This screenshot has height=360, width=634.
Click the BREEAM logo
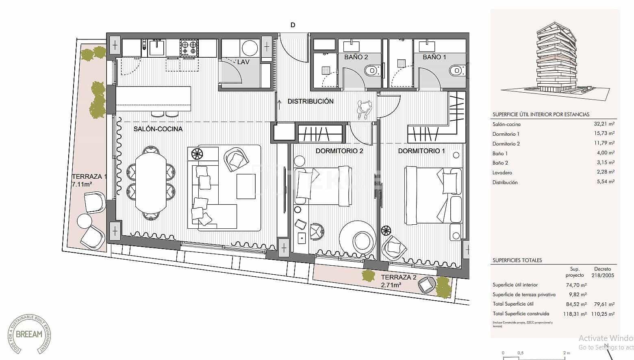click(29, 334)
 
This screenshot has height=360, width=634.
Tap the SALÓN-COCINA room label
click(158, 129)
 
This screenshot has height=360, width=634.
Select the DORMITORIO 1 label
click(421, 151)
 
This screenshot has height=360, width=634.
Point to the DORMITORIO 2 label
click(339, 151)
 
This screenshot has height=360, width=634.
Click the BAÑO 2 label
click(356, 57)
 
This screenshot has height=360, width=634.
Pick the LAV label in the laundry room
click(243, 62)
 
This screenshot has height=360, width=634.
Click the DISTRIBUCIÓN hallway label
click(310, 101)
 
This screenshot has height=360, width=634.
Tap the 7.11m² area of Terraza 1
click(82, 184)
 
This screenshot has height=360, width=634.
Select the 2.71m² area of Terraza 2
click(391, 285)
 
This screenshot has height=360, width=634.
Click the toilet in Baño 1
click(457, 71)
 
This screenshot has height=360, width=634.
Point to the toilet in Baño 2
click(372, 71)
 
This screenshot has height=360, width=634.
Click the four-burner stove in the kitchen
click(189, 48)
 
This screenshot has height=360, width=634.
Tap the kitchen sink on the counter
click(156, 48)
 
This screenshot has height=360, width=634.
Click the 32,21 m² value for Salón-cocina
click(604, 124)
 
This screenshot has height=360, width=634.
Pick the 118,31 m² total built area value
click(576, 314)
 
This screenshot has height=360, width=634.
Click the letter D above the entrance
click(293, 25)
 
